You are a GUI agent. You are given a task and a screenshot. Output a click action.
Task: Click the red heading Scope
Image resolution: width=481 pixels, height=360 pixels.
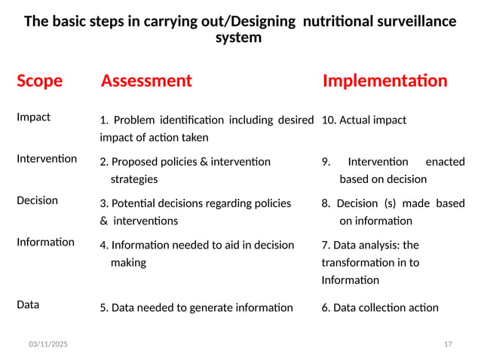coord(39,81)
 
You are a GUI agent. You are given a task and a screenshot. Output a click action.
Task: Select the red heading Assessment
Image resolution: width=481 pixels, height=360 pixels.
coord(146,81)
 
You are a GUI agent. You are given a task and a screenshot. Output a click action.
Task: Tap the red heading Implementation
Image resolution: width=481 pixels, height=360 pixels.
coord(384,81)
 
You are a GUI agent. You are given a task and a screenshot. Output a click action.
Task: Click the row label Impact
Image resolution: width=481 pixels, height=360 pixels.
coord(33,117)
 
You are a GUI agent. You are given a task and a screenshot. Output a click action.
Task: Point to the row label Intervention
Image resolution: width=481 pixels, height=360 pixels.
coord(46,159)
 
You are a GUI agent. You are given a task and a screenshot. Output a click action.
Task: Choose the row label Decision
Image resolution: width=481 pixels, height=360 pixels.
coord(37,200)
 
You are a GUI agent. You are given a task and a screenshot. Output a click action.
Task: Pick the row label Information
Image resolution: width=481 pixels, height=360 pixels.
coord(45,242)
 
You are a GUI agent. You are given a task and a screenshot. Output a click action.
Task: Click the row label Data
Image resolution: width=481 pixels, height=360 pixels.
coord(28,304)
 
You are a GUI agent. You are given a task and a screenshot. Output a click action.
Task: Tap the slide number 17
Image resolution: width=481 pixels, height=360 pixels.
coord(448,344)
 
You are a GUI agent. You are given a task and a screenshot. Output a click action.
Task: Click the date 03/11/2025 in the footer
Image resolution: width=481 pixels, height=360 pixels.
coord(47,344)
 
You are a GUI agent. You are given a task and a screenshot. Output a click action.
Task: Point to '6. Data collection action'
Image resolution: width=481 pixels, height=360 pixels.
coord(380,307)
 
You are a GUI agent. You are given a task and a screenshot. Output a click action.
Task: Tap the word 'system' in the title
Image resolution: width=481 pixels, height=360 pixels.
coord(239,37)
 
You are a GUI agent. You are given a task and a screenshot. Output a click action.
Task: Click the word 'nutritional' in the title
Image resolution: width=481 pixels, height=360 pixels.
coord(339,21)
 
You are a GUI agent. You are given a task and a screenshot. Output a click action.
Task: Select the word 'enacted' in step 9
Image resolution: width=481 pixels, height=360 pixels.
coord(445,161)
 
